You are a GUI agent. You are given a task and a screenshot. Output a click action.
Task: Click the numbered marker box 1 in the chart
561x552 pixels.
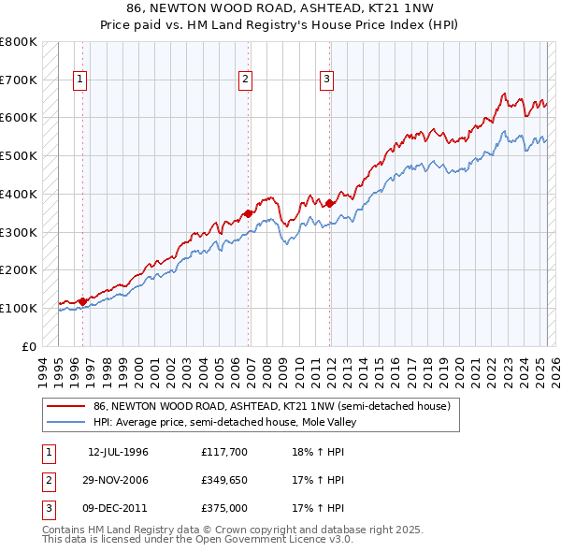80,80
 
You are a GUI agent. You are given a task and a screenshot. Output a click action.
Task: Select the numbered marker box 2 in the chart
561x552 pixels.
245,80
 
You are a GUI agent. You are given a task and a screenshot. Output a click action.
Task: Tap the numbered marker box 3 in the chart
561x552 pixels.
327,80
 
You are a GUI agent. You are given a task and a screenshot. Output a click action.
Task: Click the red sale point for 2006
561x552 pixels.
249,213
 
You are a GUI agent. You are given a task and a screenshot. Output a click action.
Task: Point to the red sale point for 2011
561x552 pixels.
330,203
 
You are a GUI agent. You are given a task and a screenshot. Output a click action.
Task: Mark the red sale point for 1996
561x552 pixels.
82,301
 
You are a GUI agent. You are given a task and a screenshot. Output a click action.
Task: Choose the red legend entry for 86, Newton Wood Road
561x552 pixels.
271,406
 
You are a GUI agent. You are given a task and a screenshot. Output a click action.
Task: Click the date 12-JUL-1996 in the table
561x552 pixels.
118,452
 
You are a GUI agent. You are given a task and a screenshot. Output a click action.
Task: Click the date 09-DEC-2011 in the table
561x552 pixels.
118,508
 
